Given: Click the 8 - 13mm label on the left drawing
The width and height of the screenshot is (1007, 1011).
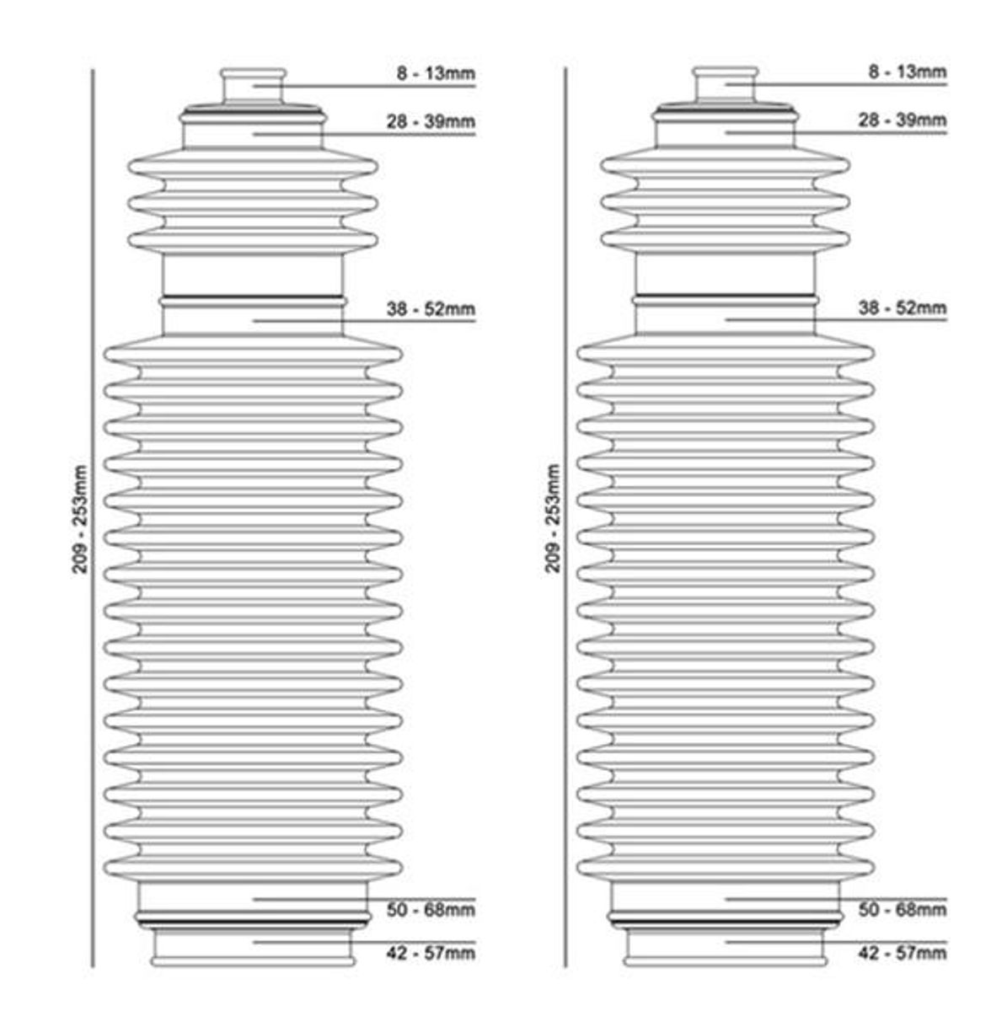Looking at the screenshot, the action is [436, 73].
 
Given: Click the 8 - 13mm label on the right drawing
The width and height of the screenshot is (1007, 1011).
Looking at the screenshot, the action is [908, 72].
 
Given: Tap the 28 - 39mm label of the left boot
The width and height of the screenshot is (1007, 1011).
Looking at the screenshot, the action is [431, 121].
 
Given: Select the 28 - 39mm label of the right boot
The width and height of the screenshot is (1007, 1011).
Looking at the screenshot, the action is [903, 120].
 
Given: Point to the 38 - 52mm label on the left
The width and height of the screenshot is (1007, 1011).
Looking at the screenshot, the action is [431, 309].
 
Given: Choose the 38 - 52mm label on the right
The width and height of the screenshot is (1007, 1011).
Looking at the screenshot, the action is [903, 308].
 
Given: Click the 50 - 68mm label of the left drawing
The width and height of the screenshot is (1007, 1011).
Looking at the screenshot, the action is [431, 910].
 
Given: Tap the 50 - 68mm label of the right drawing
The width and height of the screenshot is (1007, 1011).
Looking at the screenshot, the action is [903, 910].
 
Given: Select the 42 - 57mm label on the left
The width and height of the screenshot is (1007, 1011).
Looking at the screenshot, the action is [431, 953].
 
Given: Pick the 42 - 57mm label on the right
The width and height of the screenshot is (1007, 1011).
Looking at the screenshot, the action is [903, 953].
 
